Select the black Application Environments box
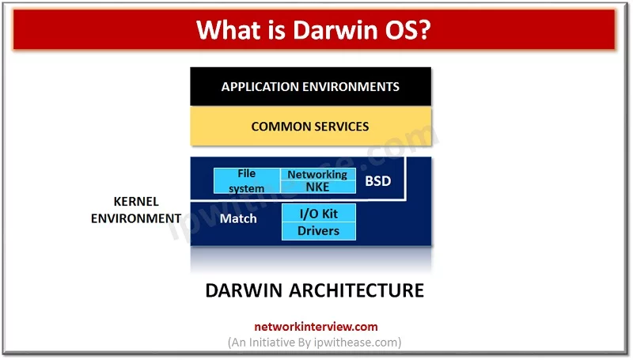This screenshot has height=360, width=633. tap(310, 86)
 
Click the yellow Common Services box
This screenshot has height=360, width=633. tap(310, 127)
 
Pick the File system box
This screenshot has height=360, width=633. tap(247, 181)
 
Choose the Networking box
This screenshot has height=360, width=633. tap(317, 174)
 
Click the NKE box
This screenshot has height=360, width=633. tap(317, 188)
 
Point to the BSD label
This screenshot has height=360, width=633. tap(377, 182)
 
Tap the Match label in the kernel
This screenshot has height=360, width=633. tap(238, 218)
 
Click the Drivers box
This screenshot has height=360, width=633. tap(319, 231)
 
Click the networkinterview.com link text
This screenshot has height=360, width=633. tap(316, 326)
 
